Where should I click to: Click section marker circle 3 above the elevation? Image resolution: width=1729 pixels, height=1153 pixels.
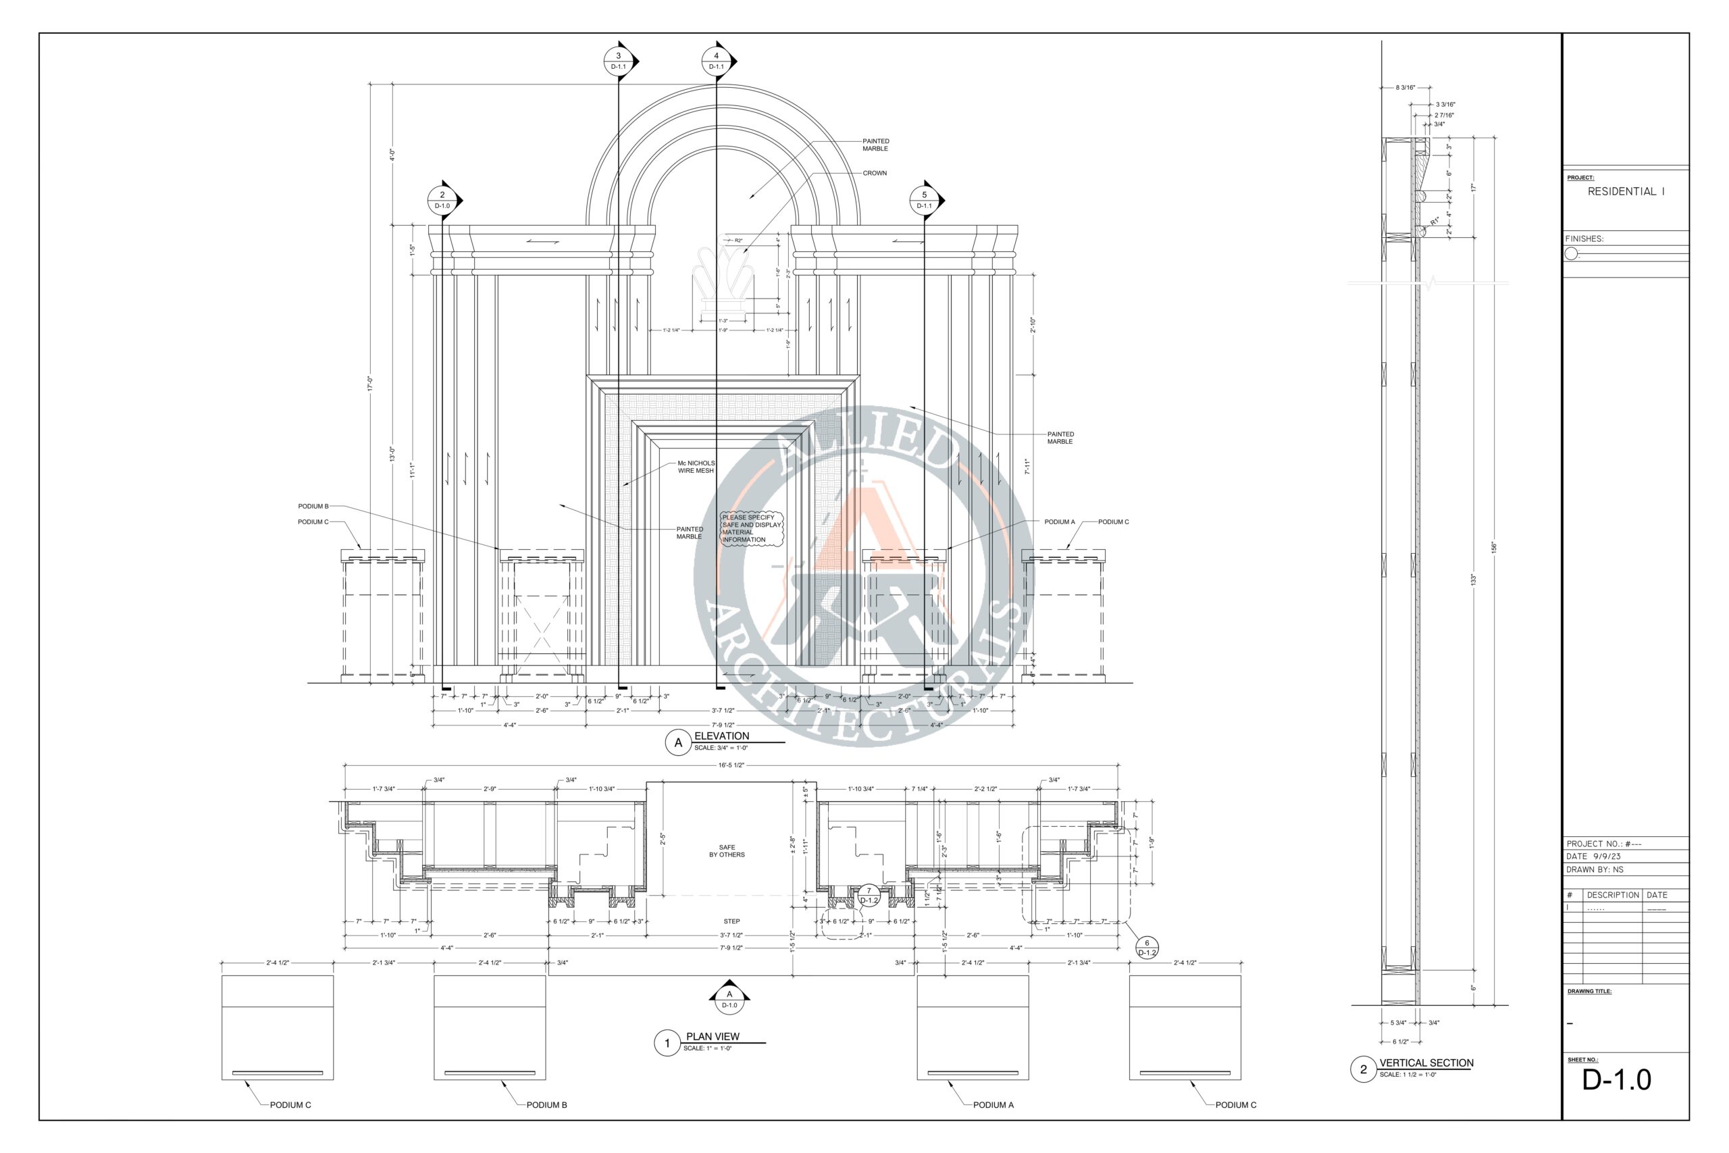[618, 60]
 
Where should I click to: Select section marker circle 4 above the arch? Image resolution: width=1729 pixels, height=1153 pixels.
[716, 60]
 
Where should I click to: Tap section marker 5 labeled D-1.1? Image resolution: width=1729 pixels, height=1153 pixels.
[924, 199]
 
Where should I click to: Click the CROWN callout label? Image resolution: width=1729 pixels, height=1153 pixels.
[875, 174]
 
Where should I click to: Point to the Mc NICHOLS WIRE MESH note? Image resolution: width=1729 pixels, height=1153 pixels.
[696, 467]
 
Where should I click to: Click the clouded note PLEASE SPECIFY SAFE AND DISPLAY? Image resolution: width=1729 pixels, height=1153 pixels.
[751, 529]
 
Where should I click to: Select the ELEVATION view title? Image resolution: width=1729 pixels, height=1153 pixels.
[721, 736]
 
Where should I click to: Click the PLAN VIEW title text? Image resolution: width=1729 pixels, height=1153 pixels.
[713, 1037]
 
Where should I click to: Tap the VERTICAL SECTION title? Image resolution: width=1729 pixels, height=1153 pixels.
[1426, 1063]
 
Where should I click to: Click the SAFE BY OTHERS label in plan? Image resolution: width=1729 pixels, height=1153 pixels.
[727, 852]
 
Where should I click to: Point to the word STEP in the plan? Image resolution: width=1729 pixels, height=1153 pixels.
[731, 921]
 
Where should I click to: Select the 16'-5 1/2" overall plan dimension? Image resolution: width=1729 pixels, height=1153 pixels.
[731, 765]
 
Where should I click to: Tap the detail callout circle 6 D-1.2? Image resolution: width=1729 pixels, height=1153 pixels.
[1147, 948]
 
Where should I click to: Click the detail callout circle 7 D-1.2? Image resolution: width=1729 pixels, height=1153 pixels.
[869, 896]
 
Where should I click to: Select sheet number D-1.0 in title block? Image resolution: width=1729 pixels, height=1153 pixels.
[1616, 1080]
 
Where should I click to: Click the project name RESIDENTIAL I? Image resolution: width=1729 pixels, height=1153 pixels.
[1626, 192]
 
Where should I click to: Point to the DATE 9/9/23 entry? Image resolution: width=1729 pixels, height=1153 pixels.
[1593, 856]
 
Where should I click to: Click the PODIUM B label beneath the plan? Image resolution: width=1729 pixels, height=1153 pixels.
[546, 1105]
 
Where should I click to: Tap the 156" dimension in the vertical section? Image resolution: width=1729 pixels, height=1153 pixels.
[1494, 548]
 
